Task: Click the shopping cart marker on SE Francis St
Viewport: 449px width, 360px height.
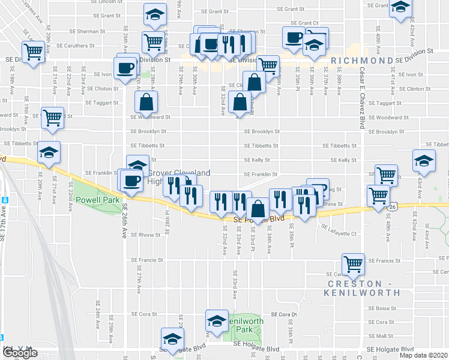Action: pyautogui.click(x=353, y=264)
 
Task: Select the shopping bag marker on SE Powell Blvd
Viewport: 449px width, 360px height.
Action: pyautogui.click(x=258, y=210)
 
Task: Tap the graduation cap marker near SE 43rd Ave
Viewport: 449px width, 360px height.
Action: pyautogui.click(x=424, y=160)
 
